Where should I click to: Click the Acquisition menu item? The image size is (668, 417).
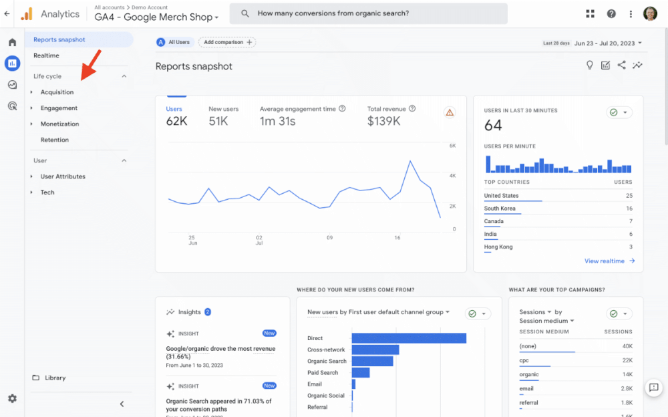[x=57, y=92]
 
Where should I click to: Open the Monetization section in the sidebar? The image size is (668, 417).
[x=59, y=124]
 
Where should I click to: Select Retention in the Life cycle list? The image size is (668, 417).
[x=54, y=140]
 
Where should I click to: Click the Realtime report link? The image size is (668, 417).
[x=46, y=55]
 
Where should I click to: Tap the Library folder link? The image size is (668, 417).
[x=55, y=378]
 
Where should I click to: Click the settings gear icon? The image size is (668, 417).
[x=12, y=398]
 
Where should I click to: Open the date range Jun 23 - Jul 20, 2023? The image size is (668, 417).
[x=608, y=43]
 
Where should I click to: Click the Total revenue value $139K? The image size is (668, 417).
[x=383, y=121]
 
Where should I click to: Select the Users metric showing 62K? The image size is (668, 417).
[x=176, y=121]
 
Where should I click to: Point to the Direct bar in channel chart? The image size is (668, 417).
[x=408, y=338]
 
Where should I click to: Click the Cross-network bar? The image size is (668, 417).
[x=375, y=350]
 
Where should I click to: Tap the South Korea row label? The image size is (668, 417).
[x=500, y=208]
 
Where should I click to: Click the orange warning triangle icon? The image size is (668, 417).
[x=450, y=112]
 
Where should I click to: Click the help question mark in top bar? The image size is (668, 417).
[x=611, y=13]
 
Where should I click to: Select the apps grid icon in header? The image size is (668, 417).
[x=590, y=13]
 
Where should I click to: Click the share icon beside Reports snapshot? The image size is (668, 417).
[x=621, y=65]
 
